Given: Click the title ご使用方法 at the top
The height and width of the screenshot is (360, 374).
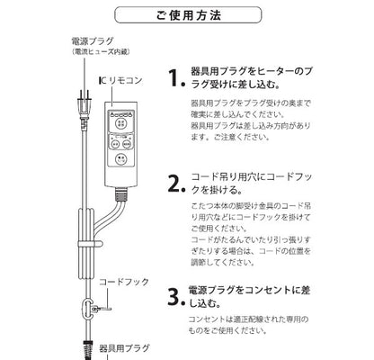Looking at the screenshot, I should [187, 16].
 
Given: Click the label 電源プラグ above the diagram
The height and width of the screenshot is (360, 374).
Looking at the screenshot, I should [90, 41].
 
